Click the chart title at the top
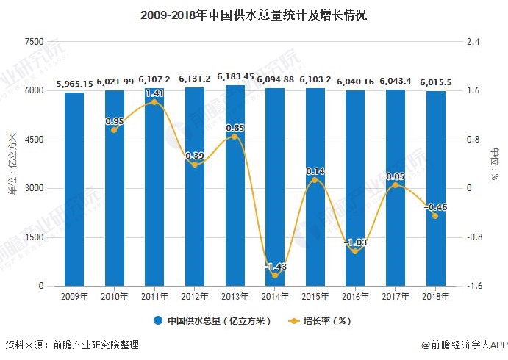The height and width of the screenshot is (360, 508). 254,13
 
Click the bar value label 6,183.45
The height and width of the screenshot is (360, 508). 235,76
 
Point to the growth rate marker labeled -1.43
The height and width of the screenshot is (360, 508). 275,276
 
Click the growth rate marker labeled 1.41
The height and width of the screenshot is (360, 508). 154,102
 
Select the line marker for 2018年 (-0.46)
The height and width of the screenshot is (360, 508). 435,216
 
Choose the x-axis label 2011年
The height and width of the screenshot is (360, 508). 154,297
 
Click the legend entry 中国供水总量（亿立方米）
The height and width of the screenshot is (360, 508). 213,320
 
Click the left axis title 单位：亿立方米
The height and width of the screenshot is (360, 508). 12,163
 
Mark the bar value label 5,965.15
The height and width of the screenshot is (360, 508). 74,84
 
